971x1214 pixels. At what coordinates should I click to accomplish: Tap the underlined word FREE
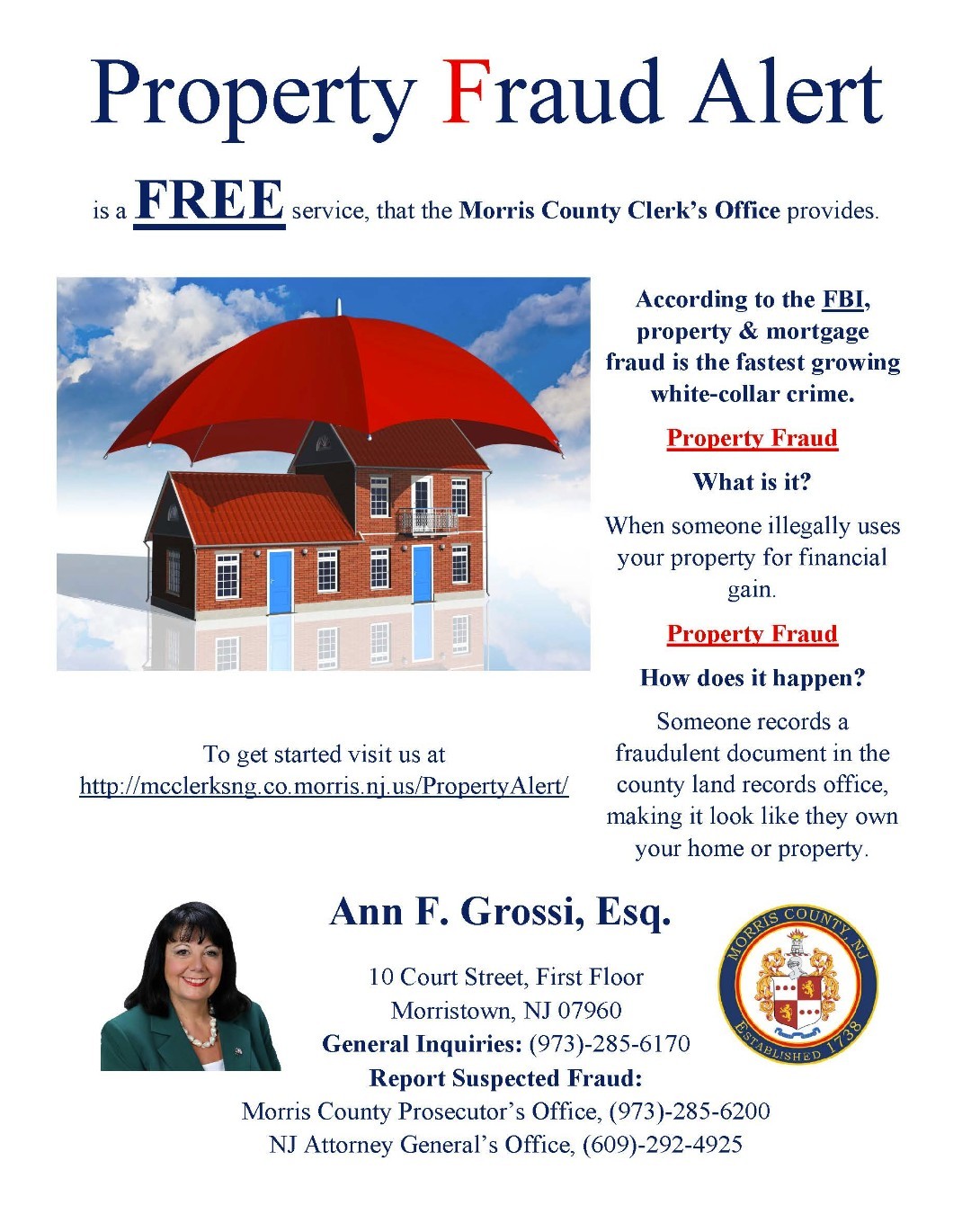point(209,201)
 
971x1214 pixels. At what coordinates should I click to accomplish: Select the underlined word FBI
point(842,299)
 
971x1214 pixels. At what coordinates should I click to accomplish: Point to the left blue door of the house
point(281,581)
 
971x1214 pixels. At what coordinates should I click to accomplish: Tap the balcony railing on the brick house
point(427,521)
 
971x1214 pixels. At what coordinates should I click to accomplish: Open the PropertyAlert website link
point(324,786)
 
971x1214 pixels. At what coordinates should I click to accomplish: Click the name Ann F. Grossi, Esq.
point(500,912)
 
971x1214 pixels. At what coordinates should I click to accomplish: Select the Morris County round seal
point(797,985)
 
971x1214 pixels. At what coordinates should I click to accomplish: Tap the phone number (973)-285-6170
point(610,1044)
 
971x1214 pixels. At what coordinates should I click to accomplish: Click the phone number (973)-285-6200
point(690,1111)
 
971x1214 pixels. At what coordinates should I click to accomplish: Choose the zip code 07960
point(590,1011)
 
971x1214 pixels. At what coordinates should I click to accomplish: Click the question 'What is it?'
point(752,482)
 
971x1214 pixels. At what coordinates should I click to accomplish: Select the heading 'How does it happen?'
point(752,678)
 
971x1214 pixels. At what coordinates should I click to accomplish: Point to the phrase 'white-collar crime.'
point(752,394)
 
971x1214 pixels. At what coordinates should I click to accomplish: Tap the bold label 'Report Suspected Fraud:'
point(505,1078)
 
